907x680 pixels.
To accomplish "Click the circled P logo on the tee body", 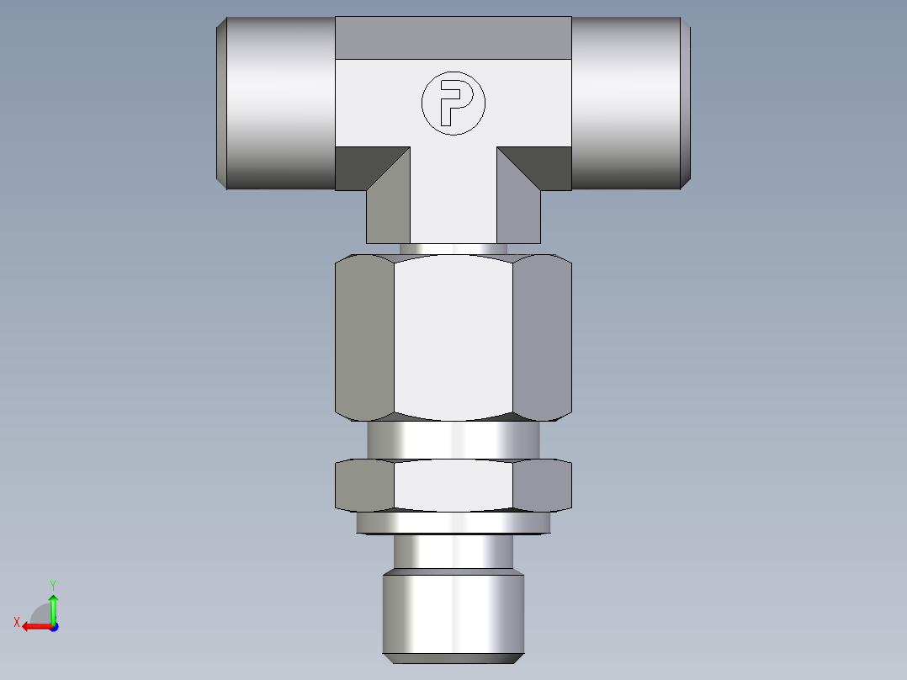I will (x=453, y=103).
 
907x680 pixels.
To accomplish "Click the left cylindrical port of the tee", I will (x=278, y=103).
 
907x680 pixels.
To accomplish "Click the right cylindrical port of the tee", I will (x=627, y=103).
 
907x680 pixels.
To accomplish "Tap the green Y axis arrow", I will (x=53, y=605).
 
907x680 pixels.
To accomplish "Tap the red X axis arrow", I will (x=34, y=626).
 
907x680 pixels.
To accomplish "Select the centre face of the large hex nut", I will (x=453, y=337).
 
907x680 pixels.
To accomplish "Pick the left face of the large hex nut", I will (x=365, y=337).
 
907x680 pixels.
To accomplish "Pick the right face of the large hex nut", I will (x=542, y=337).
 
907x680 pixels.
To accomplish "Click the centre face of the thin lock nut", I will (x=453, y=485).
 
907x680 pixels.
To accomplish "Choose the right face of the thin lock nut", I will (x=542, y=485).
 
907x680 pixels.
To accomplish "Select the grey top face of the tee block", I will (x=453, y=38).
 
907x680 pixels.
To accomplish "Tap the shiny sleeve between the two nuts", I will (x=453, y=439).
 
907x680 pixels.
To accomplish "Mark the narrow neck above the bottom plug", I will (x=453, y=552).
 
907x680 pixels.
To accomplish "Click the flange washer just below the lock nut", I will (x=453, y=523).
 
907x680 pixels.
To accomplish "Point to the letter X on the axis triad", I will (x=17, y=622).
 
